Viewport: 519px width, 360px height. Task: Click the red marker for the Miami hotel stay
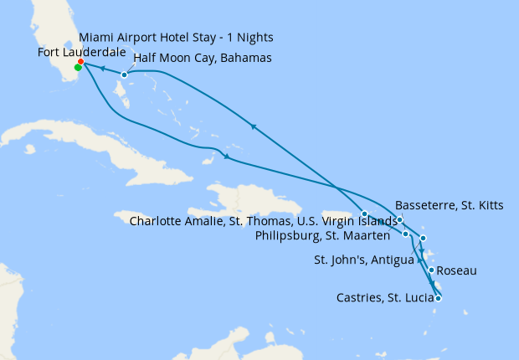(80, 62)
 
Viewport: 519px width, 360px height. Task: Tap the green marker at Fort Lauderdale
(78, 68)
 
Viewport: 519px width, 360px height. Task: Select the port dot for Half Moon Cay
(124, 75)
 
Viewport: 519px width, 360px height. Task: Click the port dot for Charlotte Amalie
(365, 213)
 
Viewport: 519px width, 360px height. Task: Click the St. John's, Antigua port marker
(424, 239)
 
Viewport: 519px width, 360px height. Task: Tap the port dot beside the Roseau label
(430, 270)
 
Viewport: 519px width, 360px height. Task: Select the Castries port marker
(438, 298)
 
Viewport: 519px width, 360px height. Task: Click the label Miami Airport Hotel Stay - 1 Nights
(175, 38)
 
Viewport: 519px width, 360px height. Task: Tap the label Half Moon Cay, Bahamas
(201, 59)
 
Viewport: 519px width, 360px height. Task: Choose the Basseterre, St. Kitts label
(449, 205)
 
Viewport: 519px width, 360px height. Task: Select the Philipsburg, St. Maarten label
(323, 235)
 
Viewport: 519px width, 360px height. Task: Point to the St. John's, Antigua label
(364, 260)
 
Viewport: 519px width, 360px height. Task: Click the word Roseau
(460, 272)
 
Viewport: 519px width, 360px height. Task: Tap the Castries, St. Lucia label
(384, 297)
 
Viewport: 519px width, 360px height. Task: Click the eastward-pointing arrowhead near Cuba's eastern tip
(227, 158)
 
